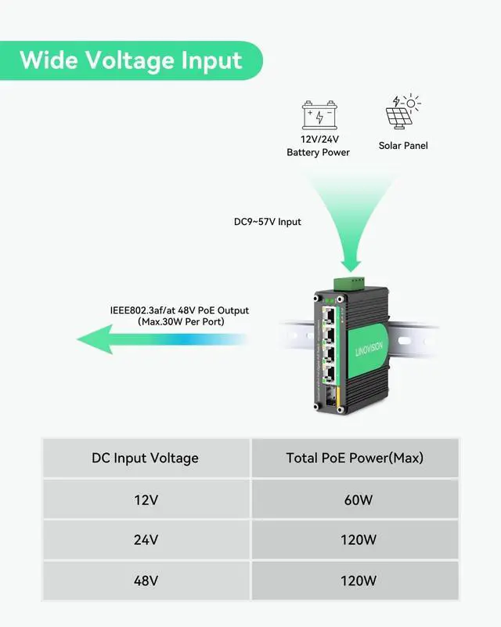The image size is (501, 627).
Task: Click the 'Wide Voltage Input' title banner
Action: point(131,60)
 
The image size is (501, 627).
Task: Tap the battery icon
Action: point(319,114)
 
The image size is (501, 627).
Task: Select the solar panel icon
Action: point(402,111)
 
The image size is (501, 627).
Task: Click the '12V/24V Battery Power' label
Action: point(319,146)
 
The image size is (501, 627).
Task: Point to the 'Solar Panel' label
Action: point(403,146)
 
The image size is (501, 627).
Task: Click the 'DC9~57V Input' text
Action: point(267,222)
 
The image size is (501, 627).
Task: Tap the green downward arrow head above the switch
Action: point(351,266)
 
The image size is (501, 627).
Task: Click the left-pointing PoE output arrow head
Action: point(95,339)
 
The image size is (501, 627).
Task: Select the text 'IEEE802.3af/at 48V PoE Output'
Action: point(179,310)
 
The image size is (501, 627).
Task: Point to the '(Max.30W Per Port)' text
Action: point(181,322)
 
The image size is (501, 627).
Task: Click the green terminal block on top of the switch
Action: point(349,283)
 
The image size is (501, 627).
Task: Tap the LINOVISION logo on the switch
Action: point(369,349)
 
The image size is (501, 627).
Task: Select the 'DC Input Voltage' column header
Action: point(145,458)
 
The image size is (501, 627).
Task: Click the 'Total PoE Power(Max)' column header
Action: point(355,458)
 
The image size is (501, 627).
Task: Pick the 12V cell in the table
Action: point(146,500)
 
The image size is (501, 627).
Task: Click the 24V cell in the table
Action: point(146,540)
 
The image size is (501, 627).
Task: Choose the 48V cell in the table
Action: point(146,581)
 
